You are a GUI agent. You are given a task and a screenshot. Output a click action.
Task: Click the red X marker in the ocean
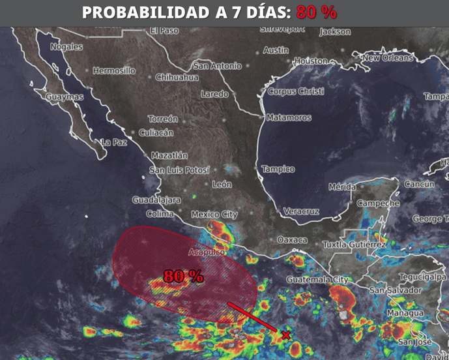[285, 335]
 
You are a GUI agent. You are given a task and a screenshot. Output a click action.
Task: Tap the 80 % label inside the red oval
[183, 276]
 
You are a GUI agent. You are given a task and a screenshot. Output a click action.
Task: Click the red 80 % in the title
[316, 13]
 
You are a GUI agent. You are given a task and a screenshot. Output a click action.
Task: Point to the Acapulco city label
[206, 252]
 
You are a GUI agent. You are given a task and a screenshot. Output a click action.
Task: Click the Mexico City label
[214, 214]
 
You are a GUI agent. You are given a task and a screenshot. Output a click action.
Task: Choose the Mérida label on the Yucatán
[341, 187]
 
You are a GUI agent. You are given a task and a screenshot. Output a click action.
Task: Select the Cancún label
[419, 184]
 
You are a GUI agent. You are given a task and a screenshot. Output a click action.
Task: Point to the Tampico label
[278, 169]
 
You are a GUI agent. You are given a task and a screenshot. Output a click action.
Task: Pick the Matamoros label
[289, 118]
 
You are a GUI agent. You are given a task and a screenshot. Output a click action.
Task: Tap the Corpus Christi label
[295, 91]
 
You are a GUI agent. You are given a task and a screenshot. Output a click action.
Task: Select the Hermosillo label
[114, 70]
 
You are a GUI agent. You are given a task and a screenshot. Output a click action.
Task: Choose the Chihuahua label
[177, 77]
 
